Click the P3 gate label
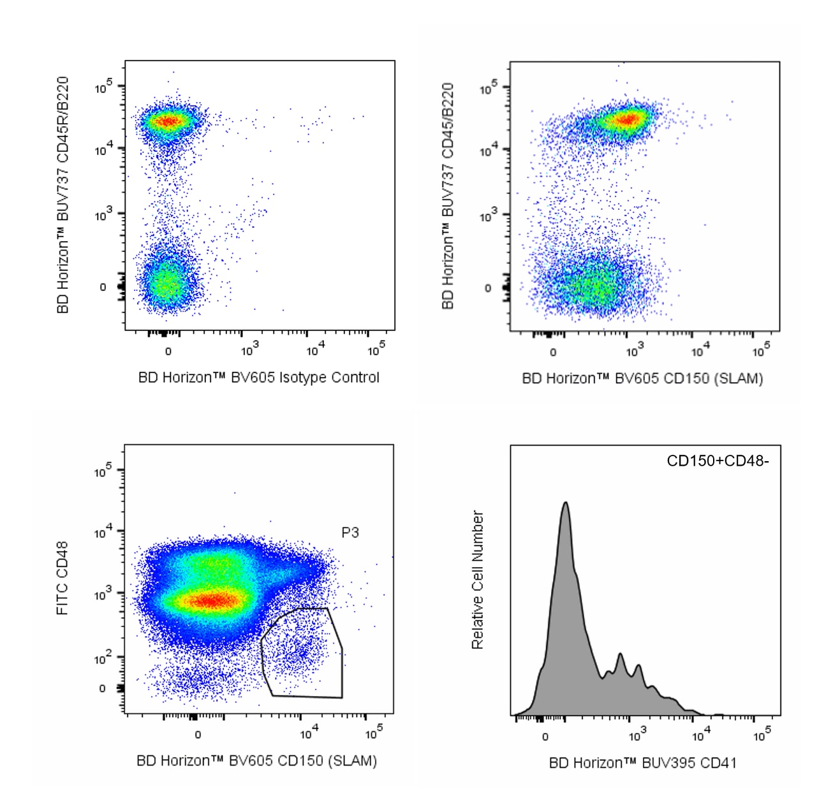(350, 533)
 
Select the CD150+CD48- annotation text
(718, 461)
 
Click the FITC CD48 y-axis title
(63, 578)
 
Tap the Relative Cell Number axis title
(478, 580)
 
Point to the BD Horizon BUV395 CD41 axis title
(642, 763)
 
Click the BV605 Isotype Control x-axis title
(258, 378)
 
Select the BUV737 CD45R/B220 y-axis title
(63, 195)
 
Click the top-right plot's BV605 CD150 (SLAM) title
(642, 379)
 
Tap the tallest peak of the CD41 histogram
(565, 504)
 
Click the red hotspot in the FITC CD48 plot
(214, 600)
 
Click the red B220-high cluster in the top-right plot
(628, 119)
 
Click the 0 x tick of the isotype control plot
(168, 351)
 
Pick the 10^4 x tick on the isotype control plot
(314, 350)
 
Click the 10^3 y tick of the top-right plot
(488, 217)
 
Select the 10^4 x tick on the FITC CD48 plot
(307, 734)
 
